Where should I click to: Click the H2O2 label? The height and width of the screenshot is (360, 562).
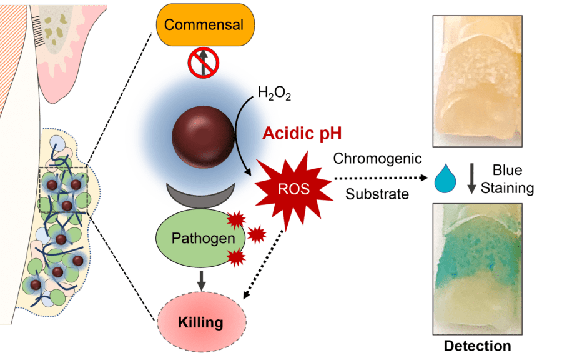click(x=275, y=94)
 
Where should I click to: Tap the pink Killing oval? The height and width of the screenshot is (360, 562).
click(x=200, y=322)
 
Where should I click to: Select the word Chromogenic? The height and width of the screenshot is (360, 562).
click(x=377, y=158)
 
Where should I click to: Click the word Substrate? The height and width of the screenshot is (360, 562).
click(x=377, y=194)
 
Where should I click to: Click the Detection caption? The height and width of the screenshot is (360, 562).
click(x=478, y=346)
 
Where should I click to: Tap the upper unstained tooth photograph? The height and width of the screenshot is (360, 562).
click(x=477, y=78)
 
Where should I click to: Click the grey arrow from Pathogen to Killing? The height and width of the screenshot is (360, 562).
click(x=200, y=279)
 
